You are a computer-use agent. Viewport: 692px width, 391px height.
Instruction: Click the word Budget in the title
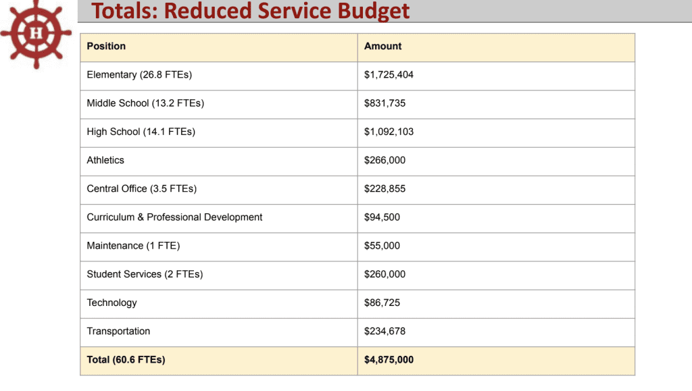tap(375, 11)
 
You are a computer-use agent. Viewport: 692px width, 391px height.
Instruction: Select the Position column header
tap(106, 47)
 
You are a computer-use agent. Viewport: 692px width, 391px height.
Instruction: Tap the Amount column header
tap(382, 47)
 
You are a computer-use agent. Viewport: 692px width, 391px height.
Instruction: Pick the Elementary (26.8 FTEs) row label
tap(139, 75)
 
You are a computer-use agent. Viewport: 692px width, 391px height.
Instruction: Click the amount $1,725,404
tap(389, 75)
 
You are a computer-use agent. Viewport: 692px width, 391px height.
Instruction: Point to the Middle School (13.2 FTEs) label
tap(145, 103)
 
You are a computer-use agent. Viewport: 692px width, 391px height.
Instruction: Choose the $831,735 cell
tap(385, 103)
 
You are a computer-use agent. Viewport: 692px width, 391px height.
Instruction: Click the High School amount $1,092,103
tap(389, 132)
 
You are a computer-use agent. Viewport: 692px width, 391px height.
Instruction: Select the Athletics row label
tap(105, 160)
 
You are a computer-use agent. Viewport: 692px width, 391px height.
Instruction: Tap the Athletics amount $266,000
tap(385, 160)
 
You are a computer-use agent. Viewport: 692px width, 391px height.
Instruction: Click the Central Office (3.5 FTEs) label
tap(142, 189)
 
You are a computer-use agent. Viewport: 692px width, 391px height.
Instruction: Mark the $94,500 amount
tap(382, 217)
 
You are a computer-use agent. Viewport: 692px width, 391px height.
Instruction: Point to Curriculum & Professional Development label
tap(174, 217)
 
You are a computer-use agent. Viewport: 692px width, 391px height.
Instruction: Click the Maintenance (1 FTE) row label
tap(133, 246)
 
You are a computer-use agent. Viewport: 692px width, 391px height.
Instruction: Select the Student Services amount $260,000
tap(385, 274)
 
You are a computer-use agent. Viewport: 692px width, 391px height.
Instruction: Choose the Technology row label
tap(112, 303)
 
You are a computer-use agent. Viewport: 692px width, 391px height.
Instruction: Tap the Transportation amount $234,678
tap(385, 331)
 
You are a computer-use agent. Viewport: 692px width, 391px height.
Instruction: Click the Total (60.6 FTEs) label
tap(126, 360)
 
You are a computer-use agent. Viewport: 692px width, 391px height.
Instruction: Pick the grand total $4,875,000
tap(389, 360)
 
